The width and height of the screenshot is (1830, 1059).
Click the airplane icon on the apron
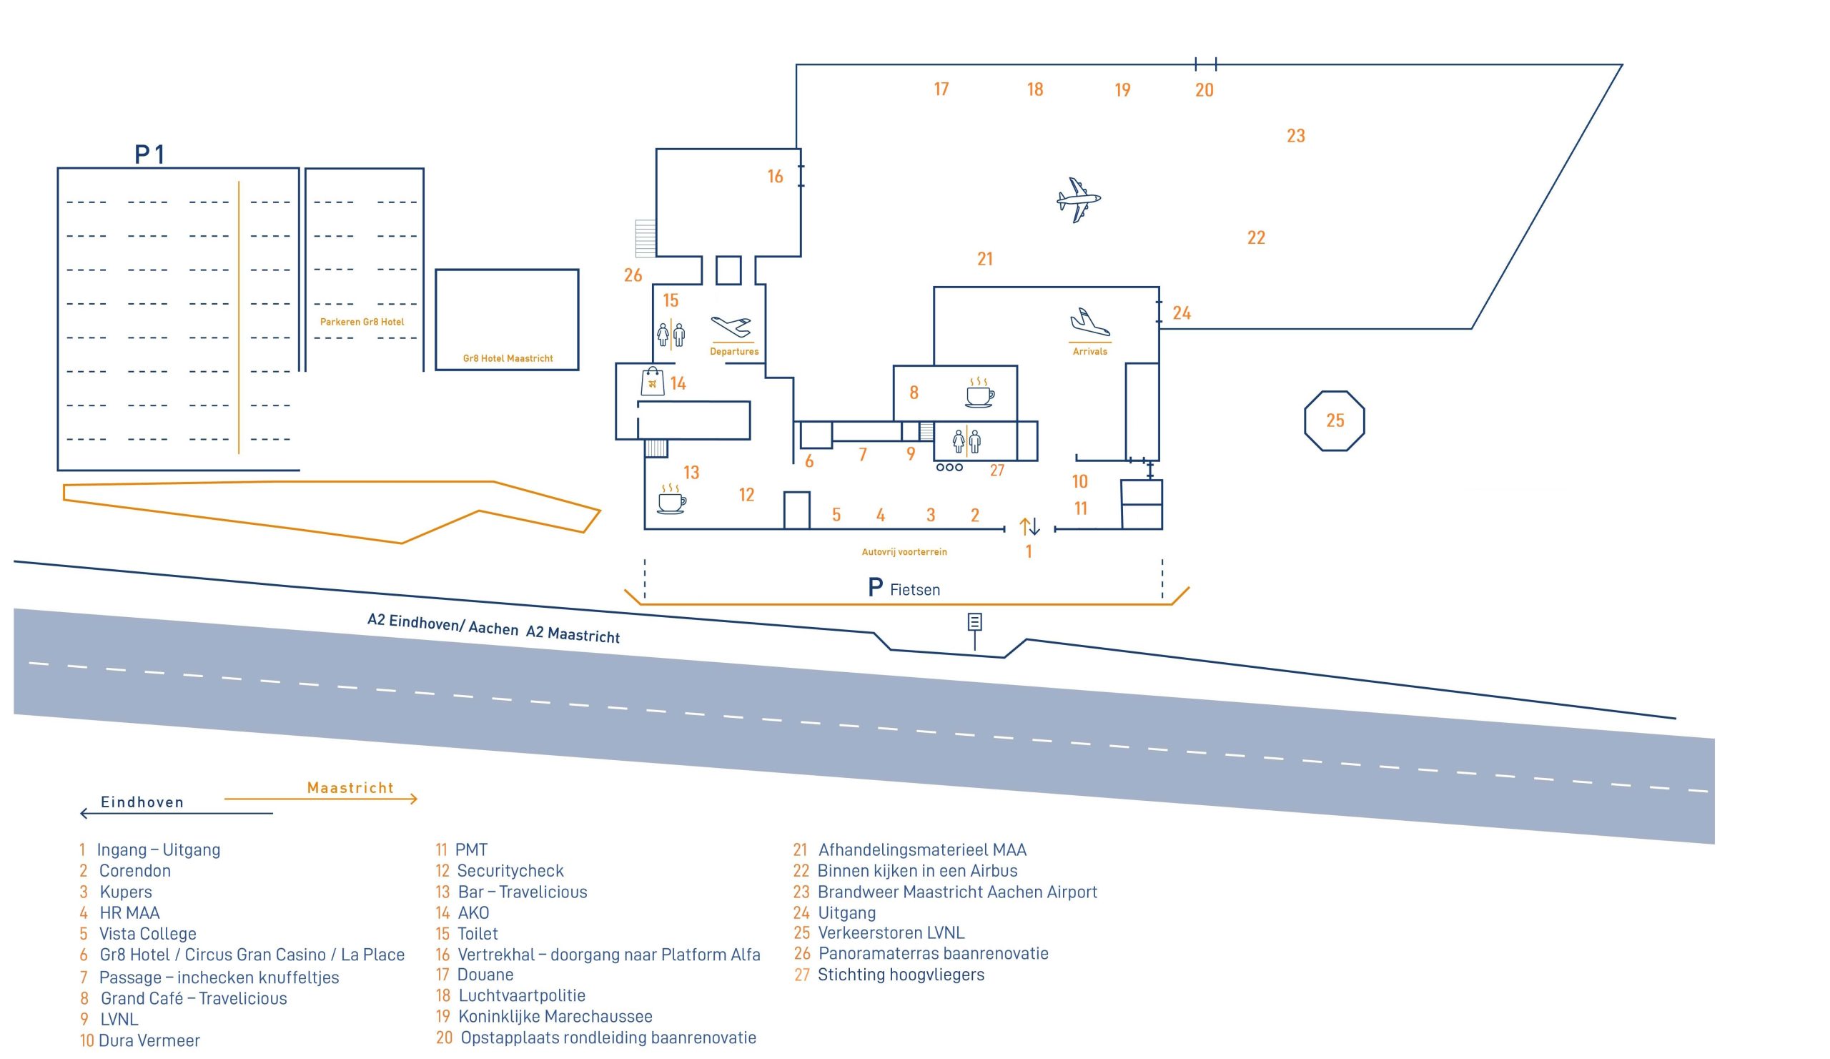point(1079,200)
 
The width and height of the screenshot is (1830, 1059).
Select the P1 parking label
point(149,154)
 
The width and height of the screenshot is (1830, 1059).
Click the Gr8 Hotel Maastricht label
point(508,358)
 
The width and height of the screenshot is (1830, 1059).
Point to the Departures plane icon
point(731,327)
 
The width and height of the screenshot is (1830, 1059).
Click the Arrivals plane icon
point(1090,322)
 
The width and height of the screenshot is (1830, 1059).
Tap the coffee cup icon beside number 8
point(979,393)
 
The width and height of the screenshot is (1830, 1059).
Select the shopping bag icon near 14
point(652,381)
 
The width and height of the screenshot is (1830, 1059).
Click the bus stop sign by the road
point(974,631)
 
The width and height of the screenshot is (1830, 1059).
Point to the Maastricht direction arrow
point(321,799)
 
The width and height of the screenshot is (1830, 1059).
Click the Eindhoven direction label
point(142,802)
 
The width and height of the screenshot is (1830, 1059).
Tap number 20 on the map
point(1204,90)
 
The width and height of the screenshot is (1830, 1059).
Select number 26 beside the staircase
point(633,275)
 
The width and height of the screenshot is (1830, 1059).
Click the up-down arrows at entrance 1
point(1030,526)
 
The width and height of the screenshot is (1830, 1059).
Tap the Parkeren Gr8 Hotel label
point(362,322)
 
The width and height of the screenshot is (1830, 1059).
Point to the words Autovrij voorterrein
point(904,552)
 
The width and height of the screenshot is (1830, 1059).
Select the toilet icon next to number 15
point(671,335)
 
